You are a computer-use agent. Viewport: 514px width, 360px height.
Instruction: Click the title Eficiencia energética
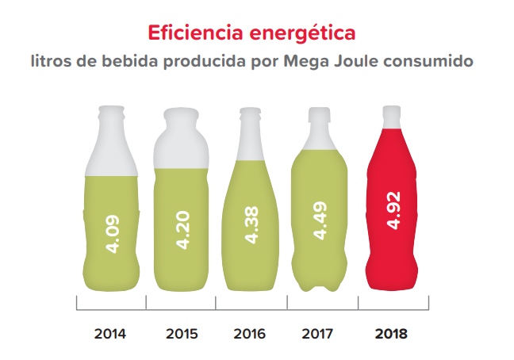tap(251, 33)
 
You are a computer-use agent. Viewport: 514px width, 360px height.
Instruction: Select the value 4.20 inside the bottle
tap(182, 230)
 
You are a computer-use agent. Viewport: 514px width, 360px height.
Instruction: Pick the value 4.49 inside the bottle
tap(320, 221)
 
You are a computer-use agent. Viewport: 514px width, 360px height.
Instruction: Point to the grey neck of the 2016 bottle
tap(251, 127)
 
